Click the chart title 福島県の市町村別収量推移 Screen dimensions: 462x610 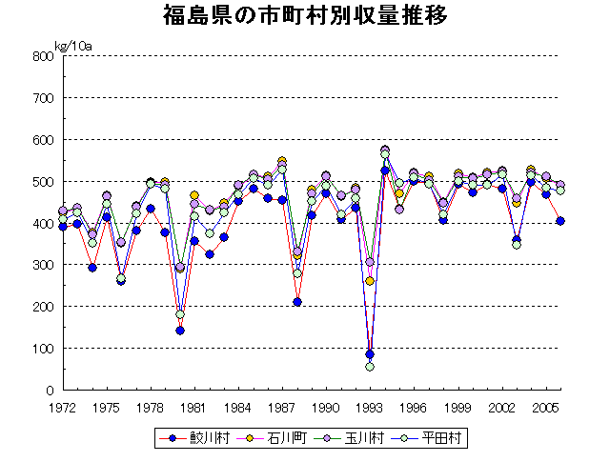click(x=305, y=16)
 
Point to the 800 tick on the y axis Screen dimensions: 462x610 click(x=42, y=56)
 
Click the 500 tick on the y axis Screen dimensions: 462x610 click(x=42, y=181)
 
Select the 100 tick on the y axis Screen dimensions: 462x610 click(x=42, y=349)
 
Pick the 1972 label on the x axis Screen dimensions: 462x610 click(x=63, y=408)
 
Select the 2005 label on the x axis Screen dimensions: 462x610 click(x=545, y=408)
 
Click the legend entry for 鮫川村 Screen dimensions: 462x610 click(x=199, y=438)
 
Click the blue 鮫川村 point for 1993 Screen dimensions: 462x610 click(x=370, y=354)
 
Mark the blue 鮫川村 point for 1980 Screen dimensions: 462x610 click(x=180, y=331)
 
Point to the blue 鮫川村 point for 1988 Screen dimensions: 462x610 click(x=297, y=302)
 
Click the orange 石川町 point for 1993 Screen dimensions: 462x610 click(x=370, y=281)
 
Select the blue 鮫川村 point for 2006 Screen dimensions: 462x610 click(x=560, y=221)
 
